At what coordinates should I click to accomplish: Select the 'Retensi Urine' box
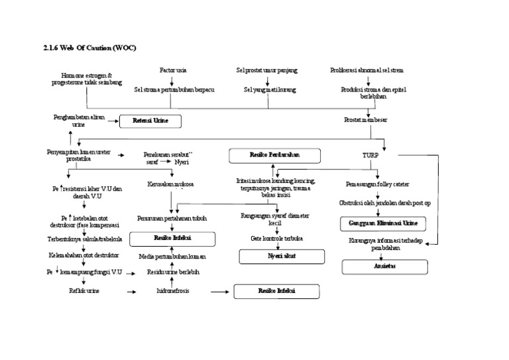point(150,121)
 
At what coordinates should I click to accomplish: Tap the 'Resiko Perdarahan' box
point(274,155)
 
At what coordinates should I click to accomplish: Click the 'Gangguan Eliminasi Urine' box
point(383,223)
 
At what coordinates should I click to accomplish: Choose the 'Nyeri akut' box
point(281,256)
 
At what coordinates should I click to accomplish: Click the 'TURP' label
point(370,155)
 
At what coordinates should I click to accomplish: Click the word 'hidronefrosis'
point(172,291)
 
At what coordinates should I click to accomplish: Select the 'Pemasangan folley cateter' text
point(377,184)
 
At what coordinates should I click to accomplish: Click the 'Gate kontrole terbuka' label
point(276,237)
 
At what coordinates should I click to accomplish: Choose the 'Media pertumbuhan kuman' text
point(172,255)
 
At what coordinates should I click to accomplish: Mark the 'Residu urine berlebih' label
point(172,272)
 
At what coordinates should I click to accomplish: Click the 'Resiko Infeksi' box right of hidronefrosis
point(276,292)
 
